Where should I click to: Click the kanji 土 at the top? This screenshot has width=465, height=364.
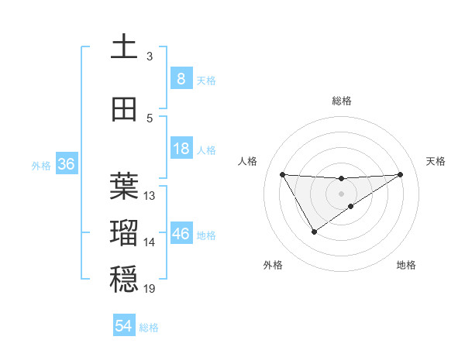click(124, 47)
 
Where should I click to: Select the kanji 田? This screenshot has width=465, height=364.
click(124, 109)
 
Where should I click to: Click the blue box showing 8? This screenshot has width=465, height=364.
click(181, 78)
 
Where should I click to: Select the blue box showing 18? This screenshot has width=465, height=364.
click(181, 149)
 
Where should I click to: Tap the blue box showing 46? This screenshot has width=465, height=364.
click(181, 233)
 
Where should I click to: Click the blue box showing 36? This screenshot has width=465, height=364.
click(67, 164)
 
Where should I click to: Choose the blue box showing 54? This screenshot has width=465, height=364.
click(124, 326)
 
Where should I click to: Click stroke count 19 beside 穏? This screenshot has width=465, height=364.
click(150, 289)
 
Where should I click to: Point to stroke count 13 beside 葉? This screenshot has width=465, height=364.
click(150, 196)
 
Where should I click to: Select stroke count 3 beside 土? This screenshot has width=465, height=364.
click(150, 57)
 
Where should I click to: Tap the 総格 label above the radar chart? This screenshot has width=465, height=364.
click(341, 101)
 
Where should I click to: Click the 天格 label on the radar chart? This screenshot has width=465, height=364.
click(436, 161)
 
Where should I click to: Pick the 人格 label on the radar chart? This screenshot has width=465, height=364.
click(247, 161)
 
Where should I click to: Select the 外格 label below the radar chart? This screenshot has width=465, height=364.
click(273, 265)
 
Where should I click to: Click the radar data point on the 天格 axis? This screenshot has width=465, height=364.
click(400, 174)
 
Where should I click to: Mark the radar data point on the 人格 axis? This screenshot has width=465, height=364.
click(282, 174)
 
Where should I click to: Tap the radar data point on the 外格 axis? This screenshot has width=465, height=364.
click(314, 232)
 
